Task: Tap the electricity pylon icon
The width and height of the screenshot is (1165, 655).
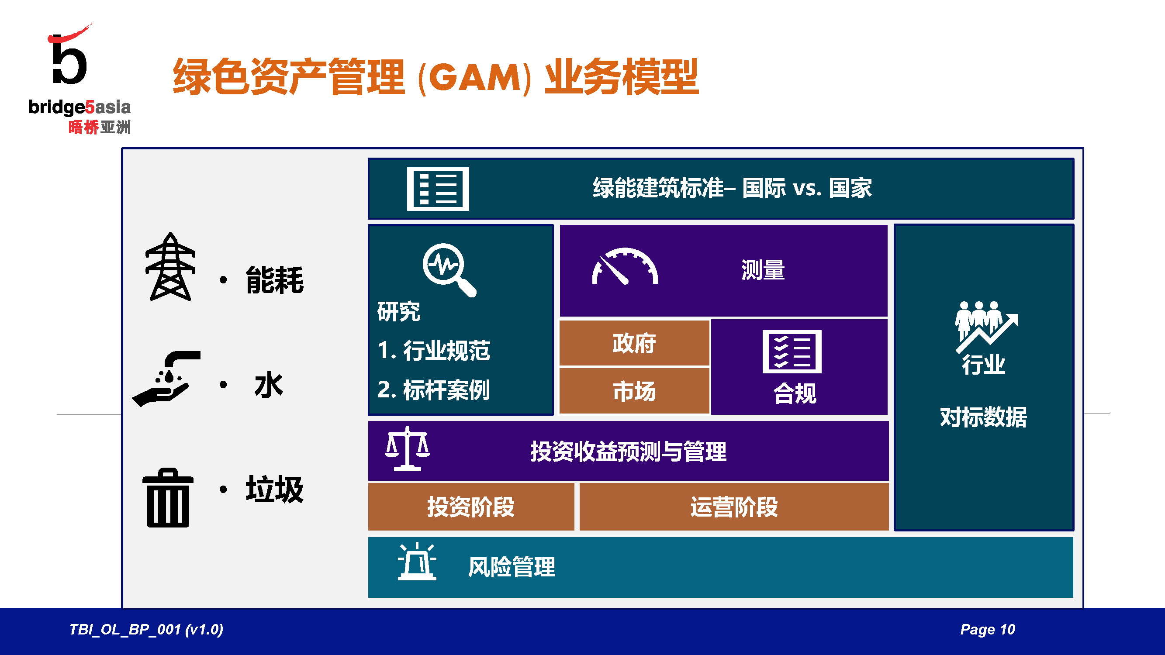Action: coord(170,266)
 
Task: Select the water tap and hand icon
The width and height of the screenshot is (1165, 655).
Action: coord(166,379)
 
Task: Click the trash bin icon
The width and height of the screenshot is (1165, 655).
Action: coord(168,498)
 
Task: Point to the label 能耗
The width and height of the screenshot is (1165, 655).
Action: coord(274,280)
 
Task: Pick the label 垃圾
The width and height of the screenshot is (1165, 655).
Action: coord(274,489)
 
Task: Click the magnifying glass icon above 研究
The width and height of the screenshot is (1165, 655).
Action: coord(449,270)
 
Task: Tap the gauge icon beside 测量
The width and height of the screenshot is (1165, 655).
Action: coord(625,266)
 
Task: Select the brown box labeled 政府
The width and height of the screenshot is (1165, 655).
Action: coord(634,343)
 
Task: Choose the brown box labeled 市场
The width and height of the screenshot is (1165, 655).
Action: coord(634,391)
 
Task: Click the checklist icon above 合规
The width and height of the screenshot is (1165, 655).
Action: coord(792,352)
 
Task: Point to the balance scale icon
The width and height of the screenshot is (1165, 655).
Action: coord(407,449)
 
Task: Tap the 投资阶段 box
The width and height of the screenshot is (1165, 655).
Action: coord(471,507)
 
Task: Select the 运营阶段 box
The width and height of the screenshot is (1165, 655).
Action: coord(734,507)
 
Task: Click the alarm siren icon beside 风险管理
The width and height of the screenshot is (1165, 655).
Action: coord(417,561)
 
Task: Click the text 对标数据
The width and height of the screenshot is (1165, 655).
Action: coord(984,417)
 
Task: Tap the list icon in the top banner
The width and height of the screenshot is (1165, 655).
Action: coord(438,189)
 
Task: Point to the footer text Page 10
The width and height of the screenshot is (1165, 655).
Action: coord(988,629)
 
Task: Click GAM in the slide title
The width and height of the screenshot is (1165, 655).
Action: coord(474,77)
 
